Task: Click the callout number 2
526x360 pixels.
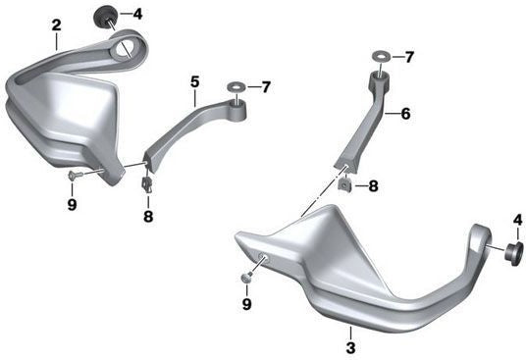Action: (57, 26)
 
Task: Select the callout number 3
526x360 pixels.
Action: (350, 347)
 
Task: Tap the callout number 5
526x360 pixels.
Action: (195, 82)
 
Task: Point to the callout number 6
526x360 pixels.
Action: (405, 114)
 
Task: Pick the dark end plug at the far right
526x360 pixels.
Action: (514, 254)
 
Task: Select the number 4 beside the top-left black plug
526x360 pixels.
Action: (137, 14)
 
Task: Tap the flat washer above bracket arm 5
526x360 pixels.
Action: (237, 87)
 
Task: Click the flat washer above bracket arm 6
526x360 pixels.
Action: (381, 56)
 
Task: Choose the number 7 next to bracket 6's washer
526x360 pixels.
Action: (409, 57)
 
